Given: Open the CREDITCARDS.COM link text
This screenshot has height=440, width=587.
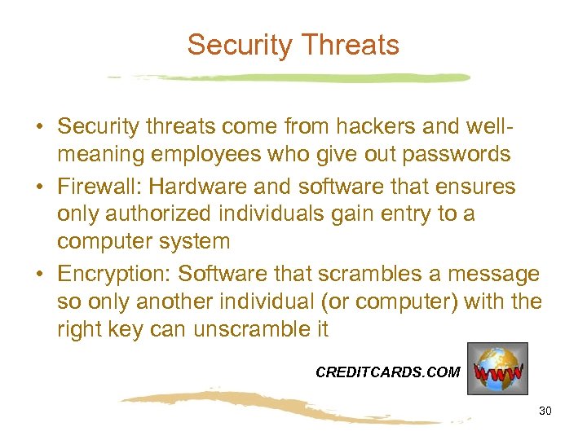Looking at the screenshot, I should pos(387,372).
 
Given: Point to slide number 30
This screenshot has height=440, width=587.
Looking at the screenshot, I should pos(545,411).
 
